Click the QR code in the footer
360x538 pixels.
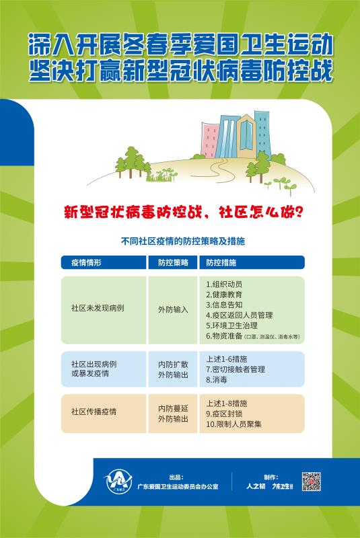pyautogui.click(x=310, y=481)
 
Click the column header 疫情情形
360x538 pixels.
pyautogui.click(x=85, y=262)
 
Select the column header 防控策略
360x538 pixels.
pyautogui.click(x=173, y=262)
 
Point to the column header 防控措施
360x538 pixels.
pyautogui.click(x=221, y=262)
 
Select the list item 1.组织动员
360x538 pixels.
pyautogui.click(x=223, y=284)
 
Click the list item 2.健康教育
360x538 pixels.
pyautogui.click(x=223, y=294)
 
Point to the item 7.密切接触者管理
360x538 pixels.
pyautogui.click(x=236, y=369)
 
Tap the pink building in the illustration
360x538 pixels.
pyautogui.click(x=211, y=137)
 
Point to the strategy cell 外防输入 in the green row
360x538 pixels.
pyautogui.click(x=173, y=309)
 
